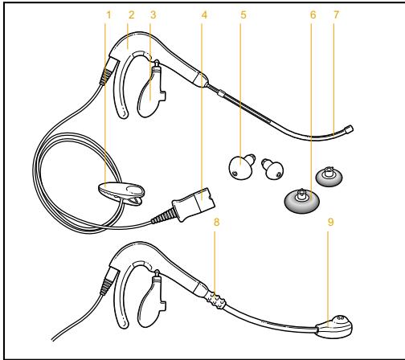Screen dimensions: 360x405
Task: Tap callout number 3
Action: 153,14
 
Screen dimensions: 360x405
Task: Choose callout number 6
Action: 313,14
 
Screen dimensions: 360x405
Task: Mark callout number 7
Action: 335,14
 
